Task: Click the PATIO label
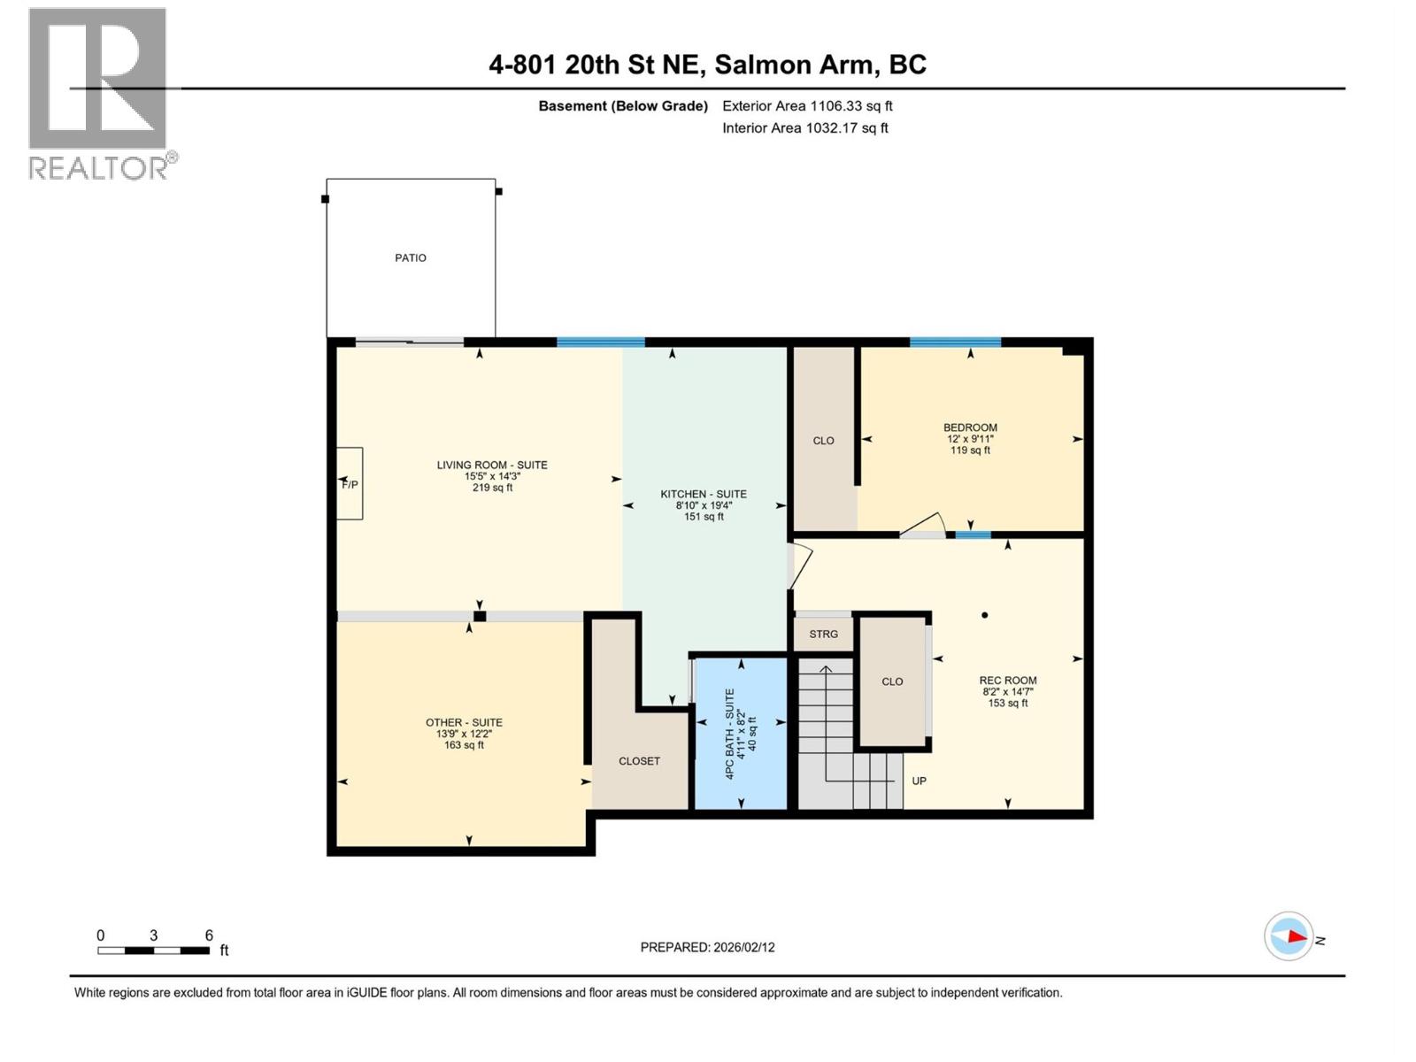[x=410, y=258]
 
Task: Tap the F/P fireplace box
[x=350, y=483]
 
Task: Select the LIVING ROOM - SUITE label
[x=492, y=465]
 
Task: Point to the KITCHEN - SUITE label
[x=704, y=494]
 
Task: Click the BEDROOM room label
[x=970, y=427]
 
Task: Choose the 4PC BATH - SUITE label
[x=730, y=734]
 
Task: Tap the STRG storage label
[x=823, y=634]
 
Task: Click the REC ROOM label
[x=1008, y=681]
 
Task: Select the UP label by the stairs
[x=919, y=781]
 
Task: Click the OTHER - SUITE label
[x=464, y=722]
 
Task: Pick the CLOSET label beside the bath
[x=639, y=761]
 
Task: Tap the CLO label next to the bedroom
[x=823, y=441]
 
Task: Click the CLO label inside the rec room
[x=892, y=681]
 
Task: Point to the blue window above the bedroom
[x=955, y=342]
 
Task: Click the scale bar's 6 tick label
[x=209, y=935]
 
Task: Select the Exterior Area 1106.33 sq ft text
[x=807, y=106]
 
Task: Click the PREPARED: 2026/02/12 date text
[x=707, y=947]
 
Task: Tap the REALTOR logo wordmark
[x=99, y=167]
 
